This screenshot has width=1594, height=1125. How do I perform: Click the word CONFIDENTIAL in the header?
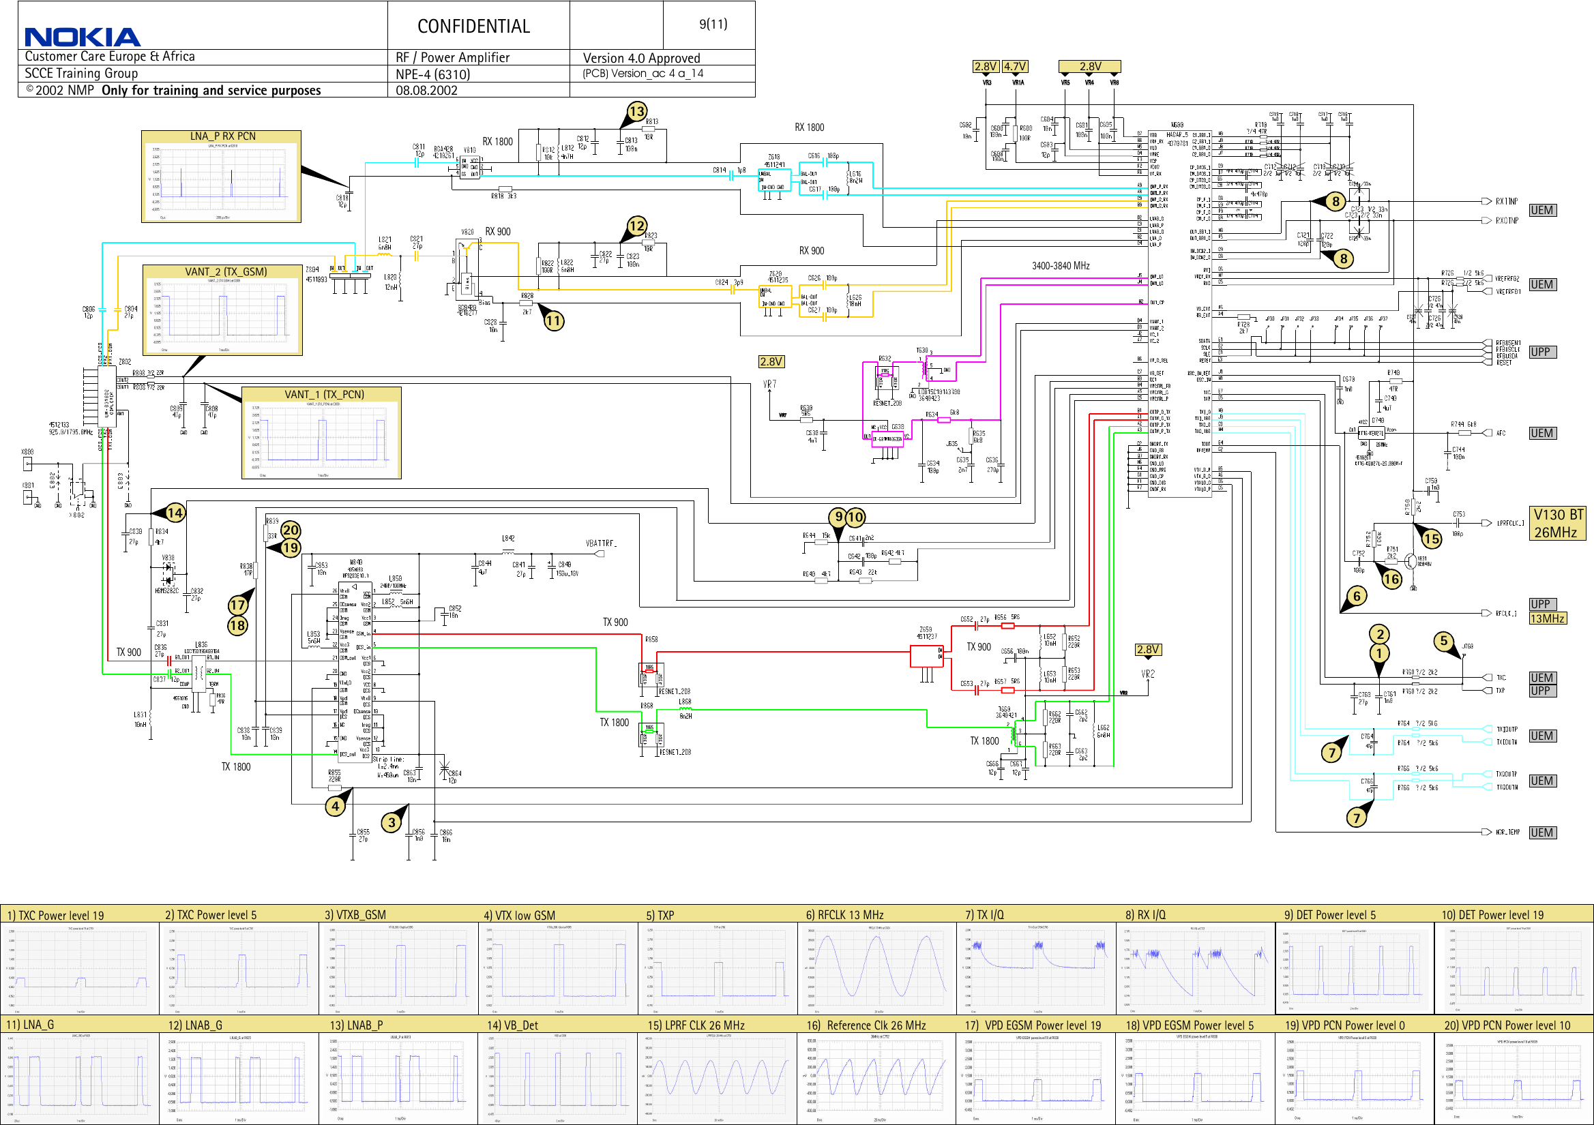tap(473, 27)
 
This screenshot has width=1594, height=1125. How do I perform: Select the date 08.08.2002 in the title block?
tap(426, 90)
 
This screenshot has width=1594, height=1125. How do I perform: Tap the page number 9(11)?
tap(713, 25)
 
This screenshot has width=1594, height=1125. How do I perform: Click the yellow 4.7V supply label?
tap(1015, 67)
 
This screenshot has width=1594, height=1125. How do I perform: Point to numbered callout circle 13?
tap(636, 111)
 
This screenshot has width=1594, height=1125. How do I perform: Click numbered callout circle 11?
tap(553, 320)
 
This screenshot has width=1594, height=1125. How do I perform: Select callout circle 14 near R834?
tap(175, 513)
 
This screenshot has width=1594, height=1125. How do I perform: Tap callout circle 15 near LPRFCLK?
tap(1432, 539)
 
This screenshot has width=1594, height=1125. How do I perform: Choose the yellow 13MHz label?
tap(1547, 618)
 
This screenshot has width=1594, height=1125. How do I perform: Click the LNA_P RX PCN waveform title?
tap(222, 137)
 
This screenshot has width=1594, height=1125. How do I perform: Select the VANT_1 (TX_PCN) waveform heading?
tap(323, 394)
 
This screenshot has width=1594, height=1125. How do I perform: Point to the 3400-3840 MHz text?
tap(1060, 266)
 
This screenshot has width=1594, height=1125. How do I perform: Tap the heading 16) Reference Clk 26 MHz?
tap(866, 1025)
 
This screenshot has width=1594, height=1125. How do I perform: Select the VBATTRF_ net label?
tap(601, 543)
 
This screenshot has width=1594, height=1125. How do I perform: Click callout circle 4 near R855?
tap(336, 807)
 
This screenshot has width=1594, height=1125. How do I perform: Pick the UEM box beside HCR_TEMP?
tap(1541, 832)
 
